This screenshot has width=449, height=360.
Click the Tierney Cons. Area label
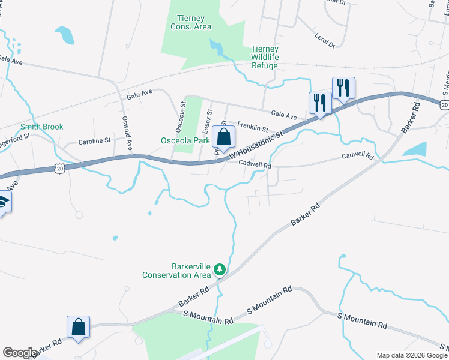pyautogui.click(x=190, y=22)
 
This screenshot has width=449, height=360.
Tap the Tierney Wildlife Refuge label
pyautogui.click(x=264, y=57)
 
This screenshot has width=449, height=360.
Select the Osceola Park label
pyautogui.click(x=185, y=140)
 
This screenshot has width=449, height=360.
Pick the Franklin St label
pyautogui.click(x=252, y=127)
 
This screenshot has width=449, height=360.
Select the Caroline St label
pyautogui.click(x=95, y=142)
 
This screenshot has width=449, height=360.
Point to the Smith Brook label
pyautogui.click(x=41, y=127)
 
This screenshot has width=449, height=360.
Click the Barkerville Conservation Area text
pyautogui.click(x=176, y=271)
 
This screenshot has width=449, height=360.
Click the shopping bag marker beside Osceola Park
pyautogui.click(x=223, y=137)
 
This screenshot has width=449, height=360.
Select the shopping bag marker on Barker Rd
pyautogui.click(x=78, y=328)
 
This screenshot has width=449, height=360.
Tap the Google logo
pyautogui.click(x=19, y=353)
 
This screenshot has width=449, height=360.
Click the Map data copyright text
pyautogui.click(x=411, y=355)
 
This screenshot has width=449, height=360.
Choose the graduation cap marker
pyautogui.click(x=4, y=202)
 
